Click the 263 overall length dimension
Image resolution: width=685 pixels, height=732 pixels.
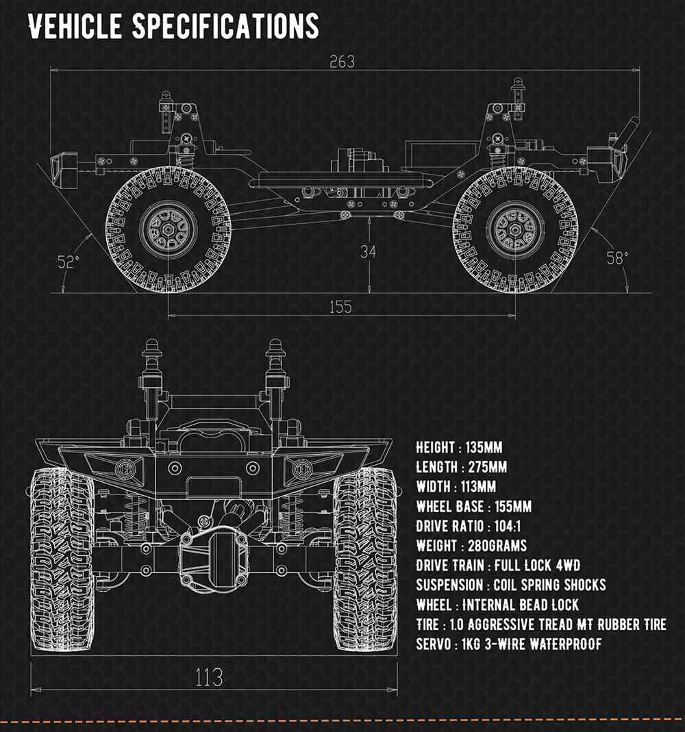[x=342, y=62]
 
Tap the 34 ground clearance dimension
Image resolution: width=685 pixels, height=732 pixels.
[x=368, y=251]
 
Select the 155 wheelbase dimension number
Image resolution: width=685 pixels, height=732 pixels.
[x=340, y=307]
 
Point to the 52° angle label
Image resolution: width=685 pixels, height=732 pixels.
[x=68, y=262]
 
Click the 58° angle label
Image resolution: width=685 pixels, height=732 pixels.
[x=617, y=257]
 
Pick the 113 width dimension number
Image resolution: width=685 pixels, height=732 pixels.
[x=209, y=677]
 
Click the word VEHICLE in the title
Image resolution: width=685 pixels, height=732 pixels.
[x=75, y=27]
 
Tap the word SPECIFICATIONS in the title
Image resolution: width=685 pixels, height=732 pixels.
[x=225, y=27]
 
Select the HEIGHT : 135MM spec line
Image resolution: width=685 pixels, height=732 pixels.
[x=459, y=448]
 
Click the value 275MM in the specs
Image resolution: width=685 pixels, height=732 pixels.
[x=486, y=467]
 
